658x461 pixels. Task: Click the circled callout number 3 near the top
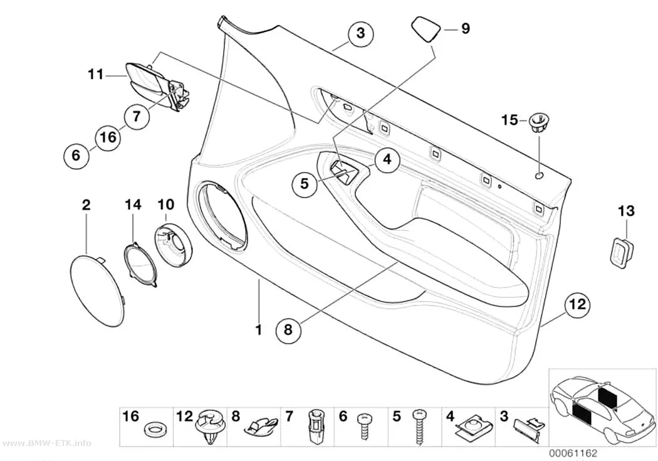pos(361,33)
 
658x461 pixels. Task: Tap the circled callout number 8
pos(288,329)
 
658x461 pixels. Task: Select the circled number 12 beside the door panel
pos(577,304)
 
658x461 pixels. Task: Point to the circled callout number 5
pos(304,184)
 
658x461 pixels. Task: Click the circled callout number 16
pos(108,137)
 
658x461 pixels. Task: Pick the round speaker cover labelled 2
pos(97,290)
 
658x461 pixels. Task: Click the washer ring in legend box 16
pos(154,429)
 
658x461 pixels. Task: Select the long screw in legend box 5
pos(419,426)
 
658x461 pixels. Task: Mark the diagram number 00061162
pos(573,453)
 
